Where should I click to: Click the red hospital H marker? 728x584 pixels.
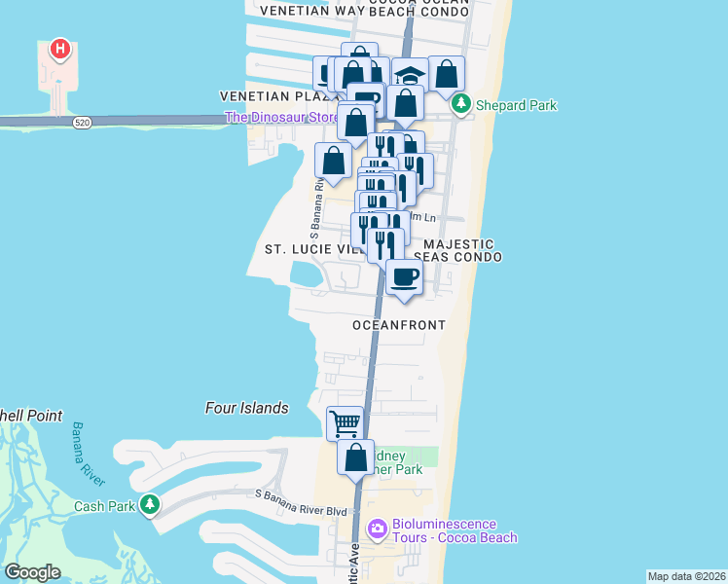[60, 50]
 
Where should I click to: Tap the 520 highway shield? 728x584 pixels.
[81, 123]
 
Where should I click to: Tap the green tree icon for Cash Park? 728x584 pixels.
[149, 504]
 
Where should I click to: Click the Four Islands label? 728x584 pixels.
[247, 409]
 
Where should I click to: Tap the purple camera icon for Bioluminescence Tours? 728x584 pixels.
[377, 530]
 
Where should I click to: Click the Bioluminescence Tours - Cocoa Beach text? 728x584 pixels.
[455, 530]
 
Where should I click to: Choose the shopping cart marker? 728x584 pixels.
[346, 423]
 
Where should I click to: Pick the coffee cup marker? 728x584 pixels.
[404, 276]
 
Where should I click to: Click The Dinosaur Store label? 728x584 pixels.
[281, 118]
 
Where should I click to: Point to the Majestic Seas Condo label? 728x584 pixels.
[457, 250]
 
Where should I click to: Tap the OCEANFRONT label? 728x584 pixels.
[399, 325]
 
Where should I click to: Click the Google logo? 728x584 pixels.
[33, 572]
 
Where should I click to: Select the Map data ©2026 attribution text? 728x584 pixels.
[686, 576]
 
